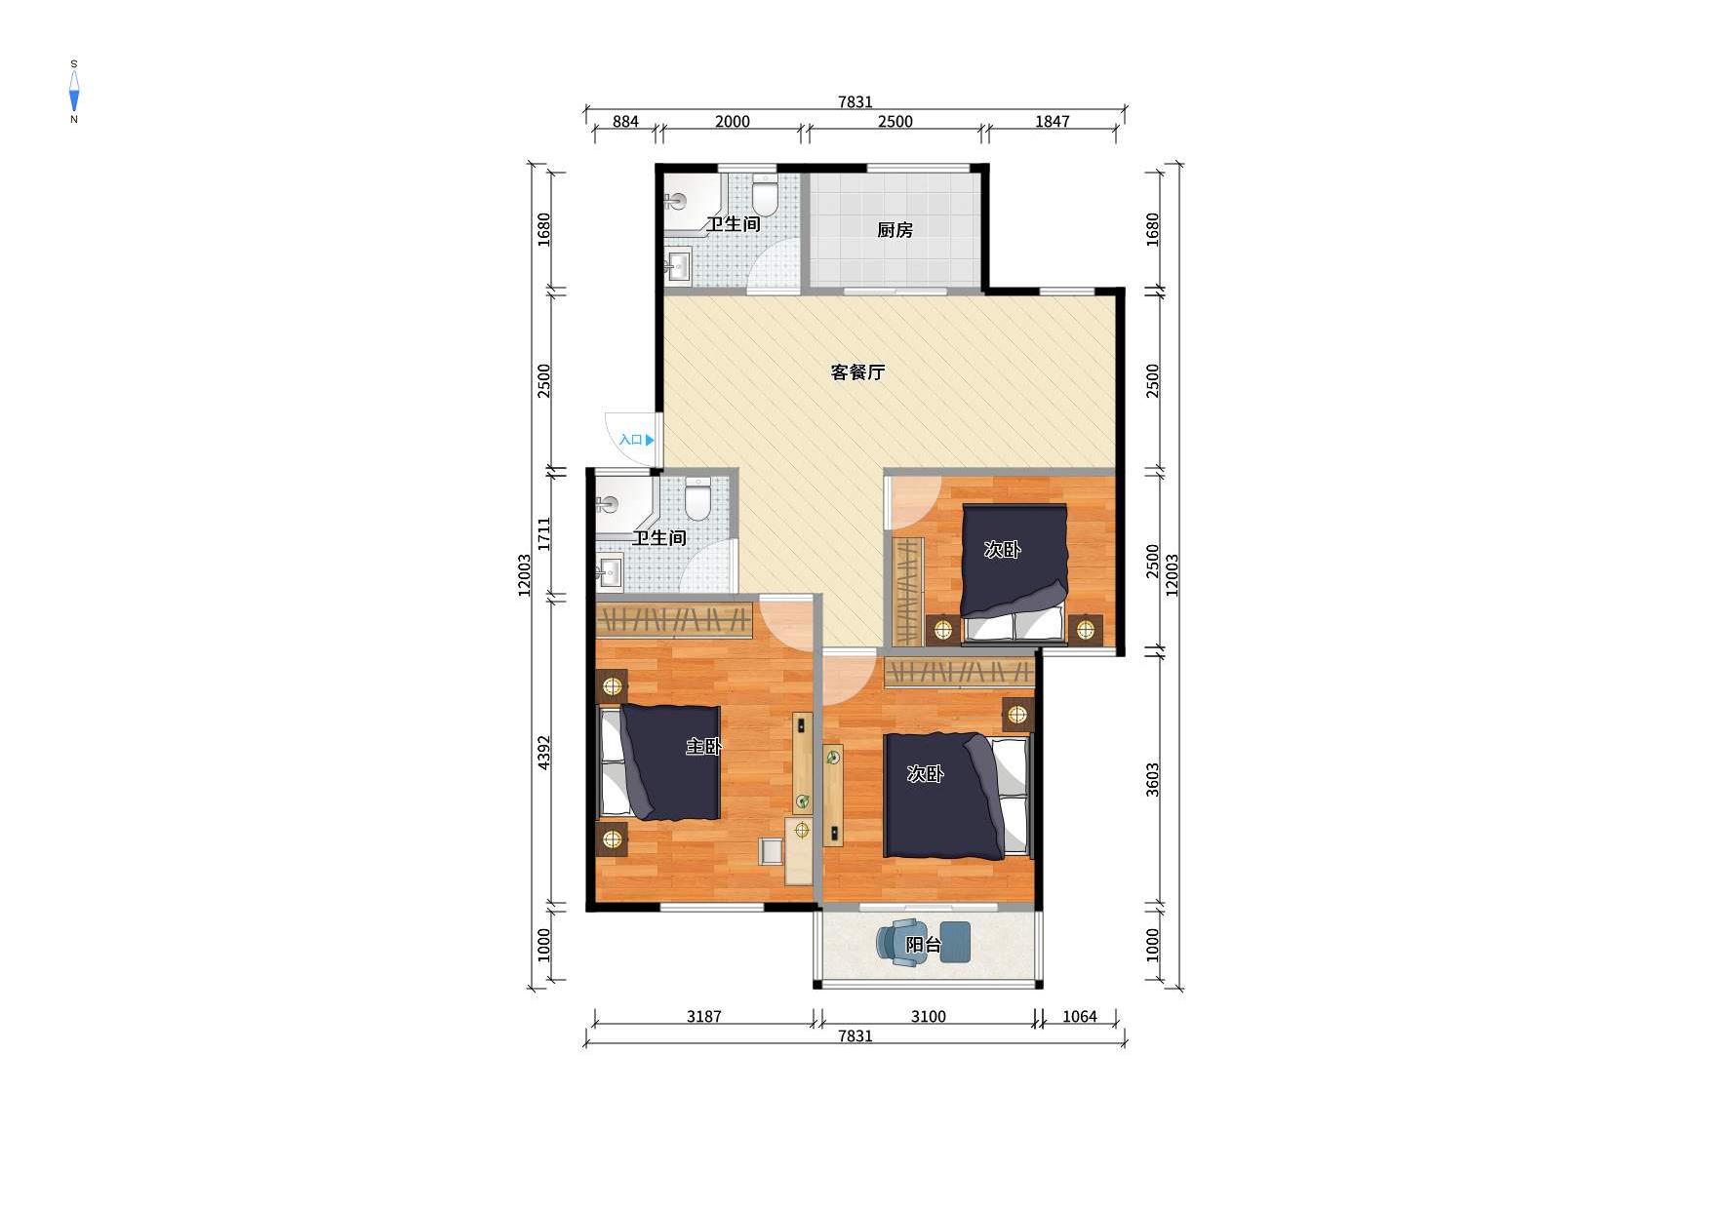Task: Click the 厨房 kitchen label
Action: tap(895, 230)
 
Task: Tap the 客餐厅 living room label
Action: tap(857, 372)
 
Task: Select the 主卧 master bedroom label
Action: tap(703, 747)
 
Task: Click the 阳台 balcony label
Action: tap(924, 945)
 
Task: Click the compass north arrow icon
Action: tap(74, 92)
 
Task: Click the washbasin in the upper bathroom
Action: tap(678, 265)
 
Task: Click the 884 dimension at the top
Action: tap(625, 122)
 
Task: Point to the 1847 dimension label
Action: tap(1052, 122)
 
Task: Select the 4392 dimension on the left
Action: tap(544, 752)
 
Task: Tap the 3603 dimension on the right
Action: tap(1152, 780)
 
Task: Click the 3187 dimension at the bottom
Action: tap(703, 1017)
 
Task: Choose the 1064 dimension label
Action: tap(1079, 1017)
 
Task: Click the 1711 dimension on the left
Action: tap(544, 533)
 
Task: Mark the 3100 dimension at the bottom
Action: tap(928, 1017)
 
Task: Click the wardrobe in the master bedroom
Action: tap(674, 619)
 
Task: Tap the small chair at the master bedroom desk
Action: tap(772, 851)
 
